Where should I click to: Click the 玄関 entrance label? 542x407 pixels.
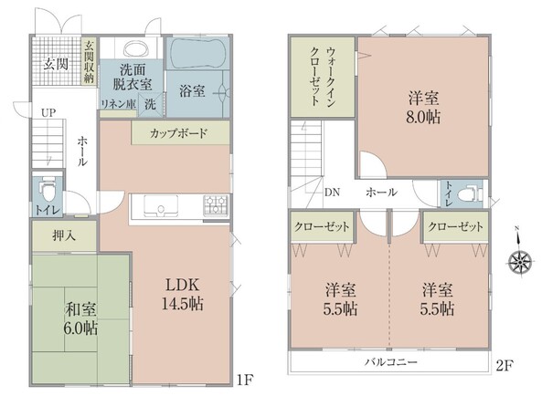pyautogui.click(x=56, y=64)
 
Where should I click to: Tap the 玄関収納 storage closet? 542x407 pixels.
pyautogui.click(x=90, y=61)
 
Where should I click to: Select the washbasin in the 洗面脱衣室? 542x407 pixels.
pyautogui.click(x=136, y=48)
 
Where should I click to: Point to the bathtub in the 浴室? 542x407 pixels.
pyautogui.click(x=197, y=53)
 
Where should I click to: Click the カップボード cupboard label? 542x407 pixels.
pyautogui.click(x=178, y=133)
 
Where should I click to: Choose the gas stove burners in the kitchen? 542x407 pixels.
pyautogui.click(x=216, y=205)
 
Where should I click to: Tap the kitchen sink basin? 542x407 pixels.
pyautogui.click(x=161, y=205)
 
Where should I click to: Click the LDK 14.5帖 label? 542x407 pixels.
pyautogui.click(x=183, y=295)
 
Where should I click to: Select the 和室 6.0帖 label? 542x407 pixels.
pyautogui.click(x=81, y=318)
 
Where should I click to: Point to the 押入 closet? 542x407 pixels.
pyautogui.click(x=64, y=236)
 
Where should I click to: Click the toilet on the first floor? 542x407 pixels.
pyautogui.click(x=48, y=191)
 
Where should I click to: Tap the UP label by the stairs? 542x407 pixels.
pyautogui.click(x=48, y=113)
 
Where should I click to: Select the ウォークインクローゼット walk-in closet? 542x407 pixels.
pyautogui.click(x=323, y=77)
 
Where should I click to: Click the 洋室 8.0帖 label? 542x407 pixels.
pyautogui.click(x=424, y=108)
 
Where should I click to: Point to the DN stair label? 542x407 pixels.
pyautogui.click(x=332, y=193)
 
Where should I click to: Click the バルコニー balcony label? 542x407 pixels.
pyautogui.click(x=391, y=362)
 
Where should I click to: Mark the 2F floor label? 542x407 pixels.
pyautogui.click(x=505, y=365)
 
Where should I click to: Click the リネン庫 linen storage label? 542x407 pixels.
pyautogui.click(x=118, y=104)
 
